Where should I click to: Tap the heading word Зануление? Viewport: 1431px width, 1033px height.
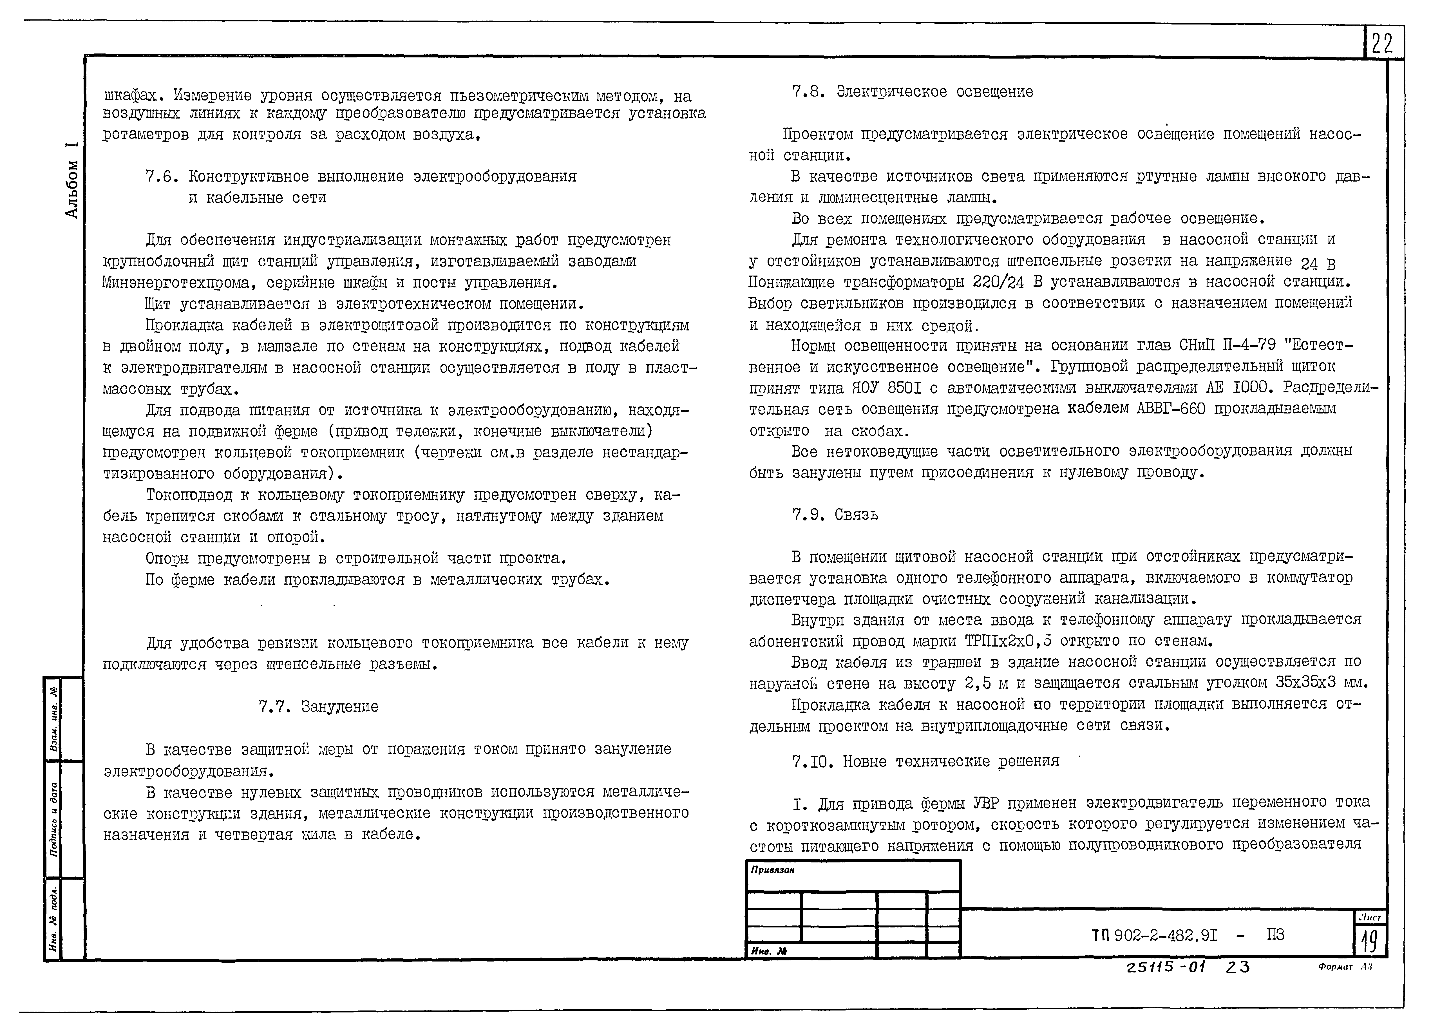[x=339, y=707]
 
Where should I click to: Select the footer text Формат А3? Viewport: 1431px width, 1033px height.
[x=1344, y=967]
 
